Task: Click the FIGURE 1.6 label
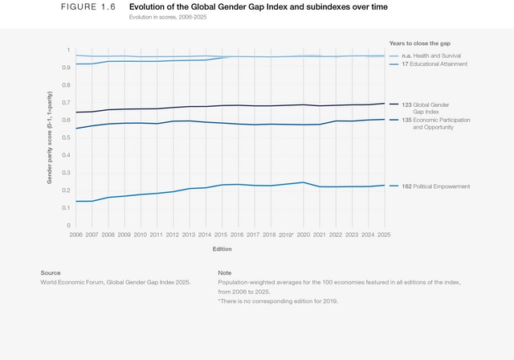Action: tap(88, 6)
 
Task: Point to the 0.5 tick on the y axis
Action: tap(67, 137)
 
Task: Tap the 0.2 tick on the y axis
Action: tap(67, 190)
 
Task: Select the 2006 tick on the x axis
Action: tap(76, 235)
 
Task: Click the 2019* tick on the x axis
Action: tap(286, 235)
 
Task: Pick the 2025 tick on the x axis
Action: tap(384, 235)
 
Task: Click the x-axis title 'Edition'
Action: tap(222, 249)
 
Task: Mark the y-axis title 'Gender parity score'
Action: tap(50, 137)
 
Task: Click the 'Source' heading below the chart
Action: tap(51, 273)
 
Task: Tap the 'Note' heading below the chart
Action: tap(225, 273)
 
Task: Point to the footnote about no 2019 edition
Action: tap(278, 301)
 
